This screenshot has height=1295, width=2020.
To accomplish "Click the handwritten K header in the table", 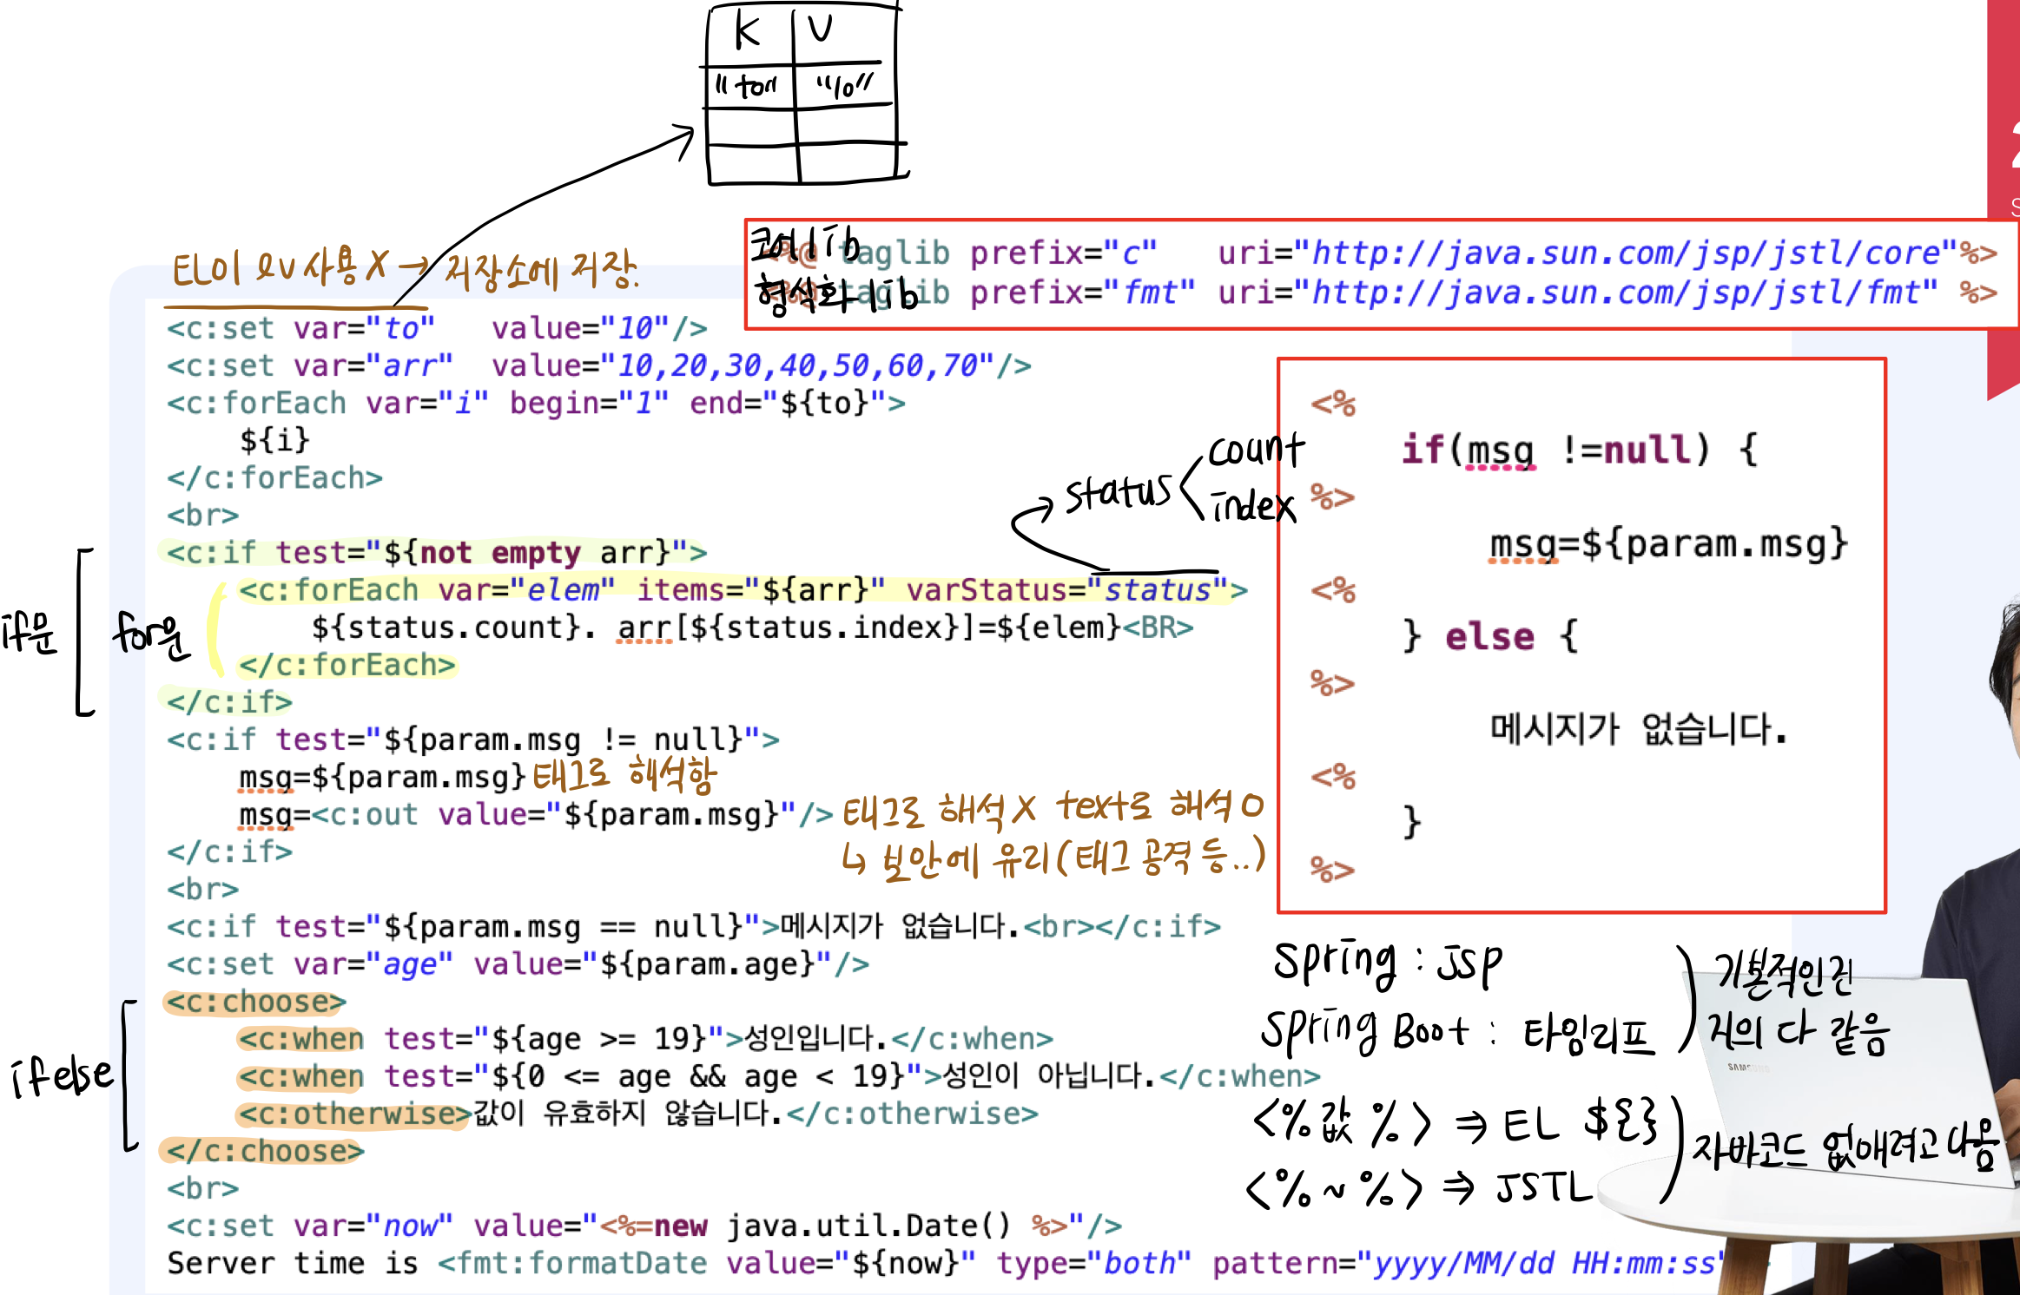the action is pos(747,31).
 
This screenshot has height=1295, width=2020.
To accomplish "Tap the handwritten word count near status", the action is pos(1256,450).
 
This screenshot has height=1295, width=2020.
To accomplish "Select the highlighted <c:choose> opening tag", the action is pos(255,1002).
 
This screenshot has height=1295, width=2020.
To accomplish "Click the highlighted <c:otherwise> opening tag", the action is pos(354,1114).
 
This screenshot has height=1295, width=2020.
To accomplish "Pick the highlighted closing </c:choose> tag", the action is pos(264,1151).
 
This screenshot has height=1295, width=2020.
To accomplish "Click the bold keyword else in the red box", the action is pos(1489,636).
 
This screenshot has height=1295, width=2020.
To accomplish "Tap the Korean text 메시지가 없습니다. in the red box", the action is pos(1638,729).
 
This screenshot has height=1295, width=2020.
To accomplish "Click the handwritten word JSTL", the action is pos(1544,1187).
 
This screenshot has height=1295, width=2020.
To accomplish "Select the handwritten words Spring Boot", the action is pos(1363,1032).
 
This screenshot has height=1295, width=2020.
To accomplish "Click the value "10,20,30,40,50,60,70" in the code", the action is pos(805,365).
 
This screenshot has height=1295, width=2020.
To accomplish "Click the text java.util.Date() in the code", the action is pos(868,1226).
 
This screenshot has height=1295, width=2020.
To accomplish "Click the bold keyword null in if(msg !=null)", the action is pos(1647,450).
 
